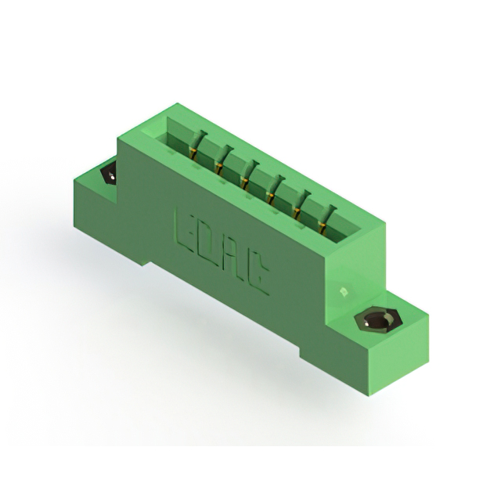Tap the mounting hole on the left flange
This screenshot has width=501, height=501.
pyautogui.click(x=109, y=173)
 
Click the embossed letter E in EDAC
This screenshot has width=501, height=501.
pyautogui.click(x=187, y=225)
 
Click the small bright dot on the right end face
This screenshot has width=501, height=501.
pyautogui.click(x=342, y=291)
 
